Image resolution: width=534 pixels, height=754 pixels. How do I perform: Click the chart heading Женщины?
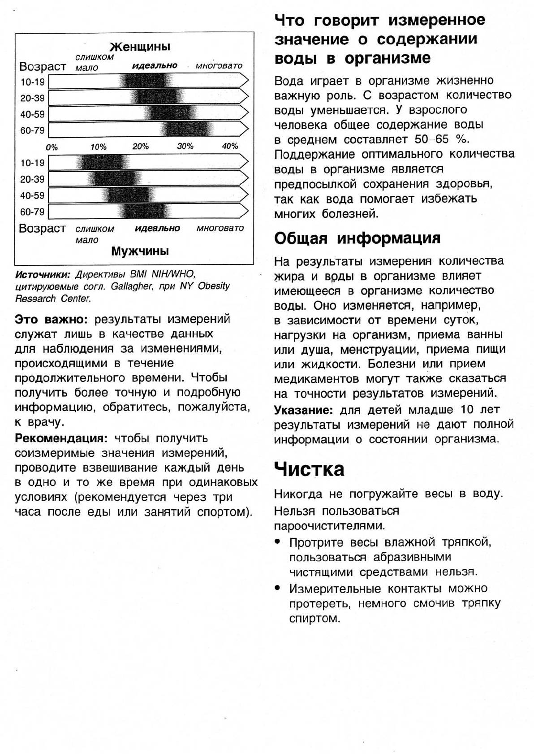pyautogui.click(x=140, y=47)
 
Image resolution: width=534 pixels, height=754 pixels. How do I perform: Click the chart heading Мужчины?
pyautogui.click(x=140, y=251)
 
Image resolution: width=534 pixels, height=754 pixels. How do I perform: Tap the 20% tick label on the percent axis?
pyautogui.click(x=140, y=147)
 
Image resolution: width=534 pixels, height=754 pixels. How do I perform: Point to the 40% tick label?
pyautogui.click(x=230, y=146)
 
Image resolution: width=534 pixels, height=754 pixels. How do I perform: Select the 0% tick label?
pyautogui.click(x=52, y=147)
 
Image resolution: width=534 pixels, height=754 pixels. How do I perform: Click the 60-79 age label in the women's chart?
pyautogui.click(x=32, y=130)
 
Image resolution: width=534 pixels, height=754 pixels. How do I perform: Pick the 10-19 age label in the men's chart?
pyautogui.click(x=32, y=163)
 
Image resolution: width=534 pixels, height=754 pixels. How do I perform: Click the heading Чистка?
pyautogui.click(x=309, y=469)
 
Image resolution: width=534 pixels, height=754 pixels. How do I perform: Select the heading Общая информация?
pyautogui.click(x=357, y=238)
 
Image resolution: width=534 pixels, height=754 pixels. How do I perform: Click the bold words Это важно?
pyautogui.click(x=51, y=319)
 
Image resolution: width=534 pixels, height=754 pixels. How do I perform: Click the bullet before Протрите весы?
pyautogui.click(x=278, y=542)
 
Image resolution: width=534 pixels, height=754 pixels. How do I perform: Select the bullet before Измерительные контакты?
pyautogui.click(x=278, y=588)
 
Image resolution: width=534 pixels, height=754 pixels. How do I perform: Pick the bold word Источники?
pyautogui.click(x=43, y=274)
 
